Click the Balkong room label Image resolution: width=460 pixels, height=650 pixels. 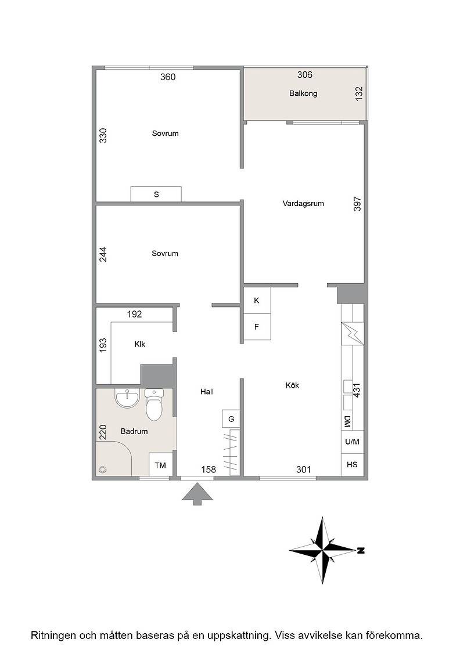click(x=303, y=93)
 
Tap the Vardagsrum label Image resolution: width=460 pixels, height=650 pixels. click(x=303, y=204)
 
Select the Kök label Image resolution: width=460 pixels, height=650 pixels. click(x=292, y=385)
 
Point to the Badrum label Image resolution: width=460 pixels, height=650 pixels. click(x=134, y=431)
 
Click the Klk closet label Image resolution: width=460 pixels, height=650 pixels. click(x=140, y=344)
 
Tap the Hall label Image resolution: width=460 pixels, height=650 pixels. click(x=207, y=391)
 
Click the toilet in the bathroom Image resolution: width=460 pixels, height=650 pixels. click(x=154, y=404)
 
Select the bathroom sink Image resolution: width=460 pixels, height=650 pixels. click(x=127, y=398)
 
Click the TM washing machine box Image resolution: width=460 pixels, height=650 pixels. click(x=160, y=465)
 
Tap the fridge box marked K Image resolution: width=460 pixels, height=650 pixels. click(x=257, y=300)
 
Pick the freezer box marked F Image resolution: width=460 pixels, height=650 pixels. click(x=257, y=327)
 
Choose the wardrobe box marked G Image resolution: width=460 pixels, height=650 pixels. click(x=231, y=418)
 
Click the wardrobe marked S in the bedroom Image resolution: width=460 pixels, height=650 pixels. click(x=156, y=194)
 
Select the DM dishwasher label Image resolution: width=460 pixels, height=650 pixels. click(x=347, y=421)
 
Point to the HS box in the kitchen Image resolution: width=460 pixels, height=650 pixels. click(x=352, y=465)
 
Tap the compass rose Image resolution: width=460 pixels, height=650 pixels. click(x=324, y=551)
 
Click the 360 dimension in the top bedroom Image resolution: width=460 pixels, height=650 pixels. click(x=168, y=77)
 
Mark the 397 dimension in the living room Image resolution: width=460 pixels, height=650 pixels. click(x=357, y=204)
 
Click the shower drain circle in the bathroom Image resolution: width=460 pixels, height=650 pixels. click(x=102, y=470)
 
